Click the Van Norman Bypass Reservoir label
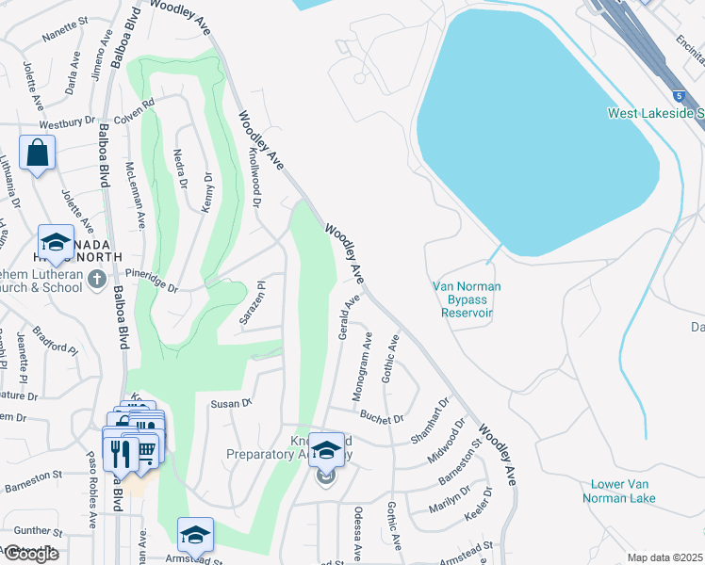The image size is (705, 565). tap(467, 299)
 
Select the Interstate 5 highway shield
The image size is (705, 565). tap(679, 95)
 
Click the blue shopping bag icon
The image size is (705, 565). tap(37, 153)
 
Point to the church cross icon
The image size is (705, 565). tap(96, 279)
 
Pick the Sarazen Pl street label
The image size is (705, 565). tap(250, 302)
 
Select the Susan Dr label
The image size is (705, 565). tap(230, 403)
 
